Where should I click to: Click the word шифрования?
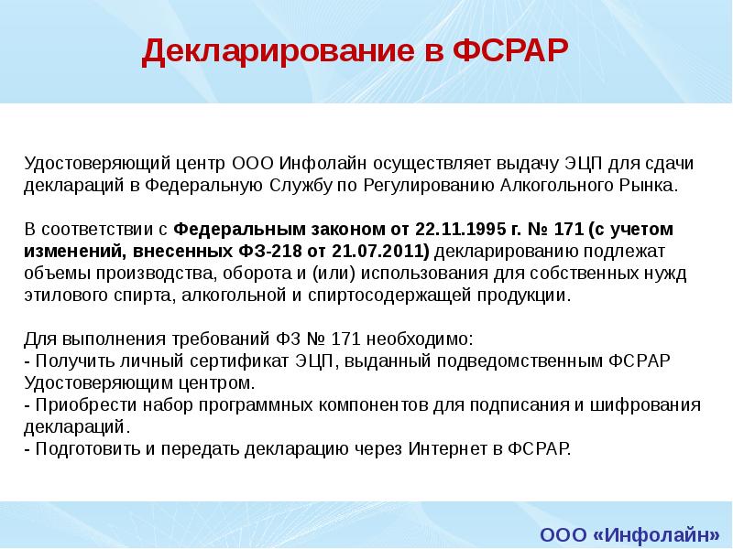coord(651,405)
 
